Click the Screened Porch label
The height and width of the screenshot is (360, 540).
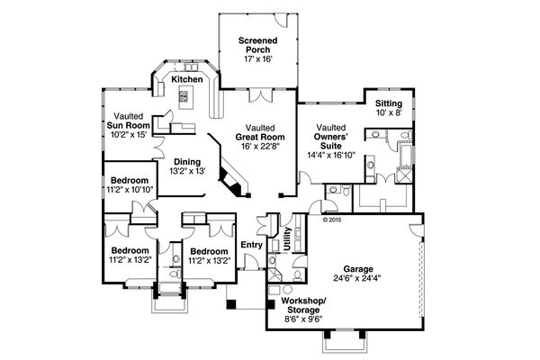pos(258,45)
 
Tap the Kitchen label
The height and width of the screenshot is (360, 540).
pos(187,79)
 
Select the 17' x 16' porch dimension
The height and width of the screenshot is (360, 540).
pos(258,58)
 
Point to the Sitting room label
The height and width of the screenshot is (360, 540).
pos(389,103)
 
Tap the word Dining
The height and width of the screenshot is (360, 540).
pos(187,162)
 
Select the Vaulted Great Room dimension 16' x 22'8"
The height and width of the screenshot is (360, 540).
pos(260,146)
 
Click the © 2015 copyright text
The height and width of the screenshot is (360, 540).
pos(332,220)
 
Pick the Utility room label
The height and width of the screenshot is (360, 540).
pos(287,238)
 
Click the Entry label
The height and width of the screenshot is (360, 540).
pos(251,245)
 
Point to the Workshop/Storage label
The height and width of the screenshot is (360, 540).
pos(303,305)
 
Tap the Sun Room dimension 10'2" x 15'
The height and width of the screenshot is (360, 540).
pos(129,134)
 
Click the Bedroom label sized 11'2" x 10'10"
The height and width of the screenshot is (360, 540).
pos(130,181)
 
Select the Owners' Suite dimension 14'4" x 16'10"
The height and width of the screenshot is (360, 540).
pos(331,155)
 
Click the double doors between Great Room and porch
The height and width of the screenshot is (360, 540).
pos(261,95)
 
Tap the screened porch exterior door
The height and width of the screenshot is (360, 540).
pos(282,20)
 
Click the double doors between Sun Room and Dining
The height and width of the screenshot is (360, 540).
pos(158,147)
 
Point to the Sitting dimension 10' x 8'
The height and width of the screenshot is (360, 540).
pos(389,112)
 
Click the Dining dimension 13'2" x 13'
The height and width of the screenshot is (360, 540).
pos(187,171)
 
